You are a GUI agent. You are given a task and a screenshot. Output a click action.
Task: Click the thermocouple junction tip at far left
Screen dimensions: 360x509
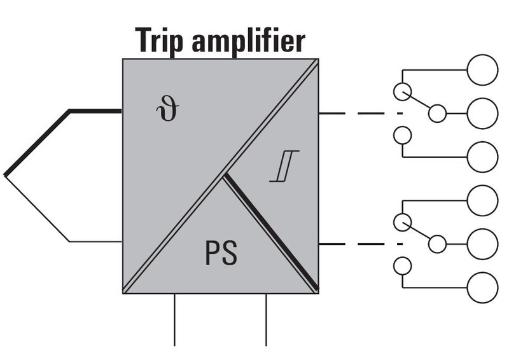click(x=6, y=175)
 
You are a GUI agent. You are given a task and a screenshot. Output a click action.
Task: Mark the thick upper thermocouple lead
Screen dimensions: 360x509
click(x=38, y=142)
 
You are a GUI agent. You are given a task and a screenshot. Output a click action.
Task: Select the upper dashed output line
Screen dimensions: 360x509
click(x=359, y=114)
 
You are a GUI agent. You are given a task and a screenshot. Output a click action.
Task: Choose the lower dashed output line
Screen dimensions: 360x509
click(x=359, y=244)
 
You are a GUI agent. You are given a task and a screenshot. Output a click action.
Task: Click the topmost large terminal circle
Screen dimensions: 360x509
click(x=482, y=69)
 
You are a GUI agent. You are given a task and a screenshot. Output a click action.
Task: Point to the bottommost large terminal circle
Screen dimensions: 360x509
click(x=482, y=287)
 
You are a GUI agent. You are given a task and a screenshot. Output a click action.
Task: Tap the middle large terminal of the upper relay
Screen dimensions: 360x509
click(x=482, y=114)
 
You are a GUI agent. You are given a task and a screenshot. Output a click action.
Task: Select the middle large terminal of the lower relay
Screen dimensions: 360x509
click(x=482, y=244)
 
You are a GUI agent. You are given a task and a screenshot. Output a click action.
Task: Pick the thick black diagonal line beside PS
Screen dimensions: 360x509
click(x=270, y=233)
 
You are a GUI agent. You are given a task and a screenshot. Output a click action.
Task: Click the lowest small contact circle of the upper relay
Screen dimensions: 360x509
click(x=401, y=135)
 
